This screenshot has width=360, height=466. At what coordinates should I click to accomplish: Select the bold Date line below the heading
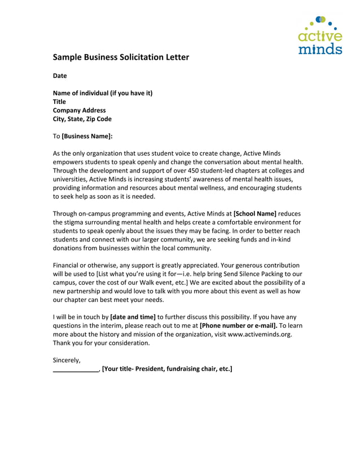(x=60, y=76)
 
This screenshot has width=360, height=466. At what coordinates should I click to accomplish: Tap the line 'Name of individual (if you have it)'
(x=103, y=93)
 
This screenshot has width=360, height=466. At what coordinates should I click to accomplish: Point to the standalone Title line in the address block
(x=59, y=102)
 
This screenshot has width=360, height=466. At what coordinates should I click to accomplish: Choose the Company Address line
(x=79, y=111)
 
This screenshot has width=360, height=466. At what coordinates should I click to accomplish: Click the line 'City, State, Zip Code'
(x=82, y=119)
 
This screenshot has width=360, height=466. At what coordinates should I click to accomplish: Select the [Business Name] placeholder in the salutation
(x=87, y=136)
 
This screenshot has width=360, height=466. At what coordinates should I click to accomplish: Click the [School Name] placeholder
(x=255, y=213)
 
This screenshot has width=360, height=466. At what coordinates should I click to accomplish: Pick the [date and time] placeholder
(x=133, y=316)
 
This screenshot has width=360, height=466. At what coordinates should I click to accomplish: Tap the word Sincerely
(x=67, y=360)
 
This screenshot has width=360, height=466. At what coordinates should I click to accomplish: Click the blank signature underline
(x=76, y=369)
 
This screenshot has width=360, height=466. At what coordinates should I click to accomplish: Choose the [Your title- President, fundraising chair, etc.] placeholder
(x=167, y=369)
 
